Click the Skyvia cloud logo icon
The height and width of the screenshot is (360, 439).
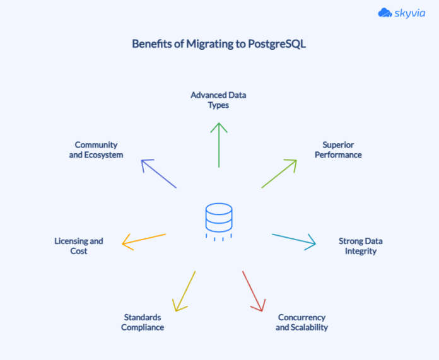[x=385, y=13]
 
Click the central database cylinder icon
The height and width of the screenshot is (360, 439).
[x=219, y=218]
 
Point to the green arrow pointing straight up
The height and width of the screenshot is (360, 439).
[x=219, y=144]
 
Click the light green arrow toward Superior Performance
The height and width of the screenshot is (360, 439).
[x=279, y=173]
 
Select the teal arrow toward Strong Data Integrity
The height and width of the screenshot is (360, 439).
[x=294, y=240]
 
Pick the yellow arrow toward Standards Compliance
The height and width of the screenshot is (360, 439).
[x=186, y=291]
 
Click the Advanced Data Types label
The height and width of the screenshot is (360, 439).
[x=218, y=100]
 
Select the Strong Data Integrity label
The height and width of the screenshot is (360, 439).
[x=360, y=246]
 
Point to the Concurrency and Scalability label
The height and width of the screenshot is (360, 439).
[x=301, y=322]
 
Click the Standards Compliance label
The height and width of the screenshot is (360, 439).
[x=143, y=322]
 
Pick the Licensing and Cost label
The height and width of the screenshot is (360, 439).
[x=79, y=246]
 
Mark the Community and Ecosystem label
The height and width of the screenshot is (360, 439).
[x=96, y=149]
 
